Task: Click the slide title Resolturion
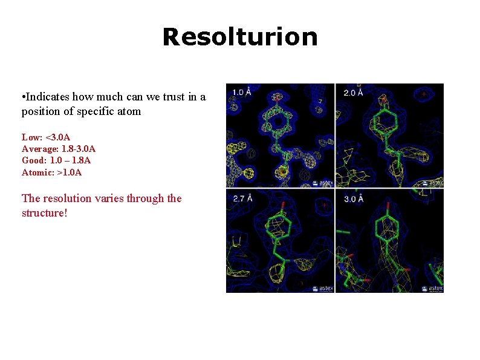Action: (239, 37)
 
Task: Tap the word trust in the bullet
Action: (168, 96)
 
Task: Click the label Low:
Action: (32, 137)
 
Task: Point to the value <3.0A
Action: (58, 137)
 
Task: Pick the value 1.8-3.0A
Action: (79, 149)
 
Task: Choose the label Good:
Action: (34, 160)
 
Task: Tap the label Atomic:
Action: (38, 172)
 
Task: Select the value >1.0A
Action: (70, 172)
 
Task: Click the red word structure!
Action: (44, 213)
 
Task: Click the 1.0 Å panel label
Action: (241, 92)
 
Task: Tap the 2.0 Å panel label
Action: (353, 92)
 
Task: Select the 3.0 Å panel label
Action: (353, 198)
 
